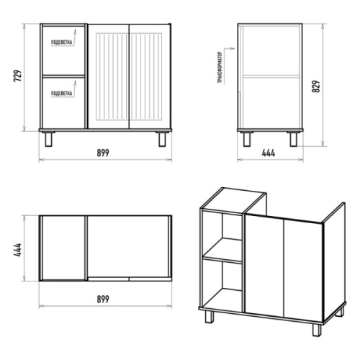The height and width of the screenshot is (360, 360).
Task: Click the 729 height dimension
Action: tap(18, 76)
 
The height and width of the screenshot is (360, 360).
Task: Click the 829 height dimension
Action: tap(316, 86)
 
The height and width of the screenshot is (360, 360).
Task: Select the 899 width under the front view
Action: tap(103, 153)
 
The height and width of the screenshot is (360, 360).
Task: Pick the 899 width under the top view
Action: tap(103, 299)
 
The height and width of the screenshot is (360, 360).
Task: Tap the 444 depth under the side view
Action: tap(269, 153)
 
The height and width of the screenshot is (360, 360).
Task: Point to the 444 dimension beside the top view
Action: tap(18, 250)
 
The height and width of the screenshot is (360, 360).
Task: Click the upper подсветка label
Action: tap(61, 42)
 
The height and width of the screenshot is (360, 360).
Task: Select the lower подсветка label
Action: tap(61, 93)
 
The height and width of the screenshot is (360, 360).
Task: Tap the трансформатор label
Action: tap(220, 68)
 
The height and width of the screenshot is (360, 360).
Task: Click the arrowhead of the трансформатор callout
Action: tap(233, 49)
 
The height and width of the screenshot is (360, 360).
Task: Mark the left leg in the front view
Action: tap(48, 139)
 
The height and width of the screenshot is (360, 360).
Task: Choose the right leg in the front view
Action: tap(162, 139)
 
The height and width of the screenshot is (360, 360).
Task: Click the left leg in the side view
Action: tap(247, 139)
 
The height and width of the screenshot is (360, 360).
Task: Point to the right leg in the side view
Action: tap(293, 139)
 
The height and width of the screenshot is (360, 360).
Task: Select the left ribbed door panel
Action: tap(112, 77)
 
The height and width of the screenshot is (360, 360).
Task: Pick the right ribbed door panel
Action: tap(146, 77)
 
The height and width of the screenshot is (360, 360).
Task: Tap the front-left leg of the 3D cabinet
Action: tap(209, 317)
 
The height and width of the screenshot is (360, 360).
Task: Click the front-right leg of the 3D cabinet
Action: tap(317, 330)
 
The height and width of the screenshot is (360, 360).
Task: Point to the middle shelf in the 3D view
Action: tap(222, 251)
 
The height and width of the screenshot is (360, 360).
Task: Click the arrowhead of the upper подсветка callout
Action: tap(75, 31)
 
